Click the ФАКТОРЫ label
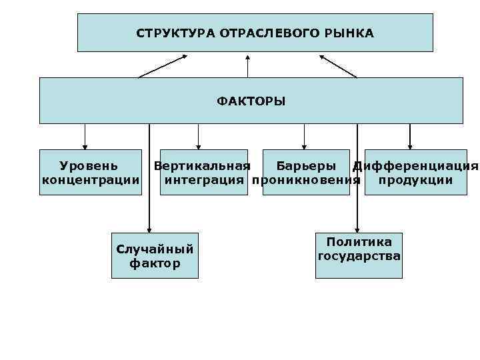(251, 101)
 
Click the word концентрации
(91, 180)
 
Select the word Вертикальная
(202, 165)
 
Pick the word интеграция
(204, 180)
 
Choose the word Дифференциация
(415, 165)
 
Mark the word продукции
(415, 180)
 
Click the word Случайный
(155, 249)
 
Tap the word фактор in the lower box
(155, 263)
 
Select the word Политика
(359, 242)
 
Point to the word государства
(359, 256)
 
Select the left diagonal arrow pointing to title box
(163, 66)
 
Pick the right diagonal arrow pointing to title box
(338, 66)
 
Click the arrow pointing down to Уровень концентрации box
(85, 137)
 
